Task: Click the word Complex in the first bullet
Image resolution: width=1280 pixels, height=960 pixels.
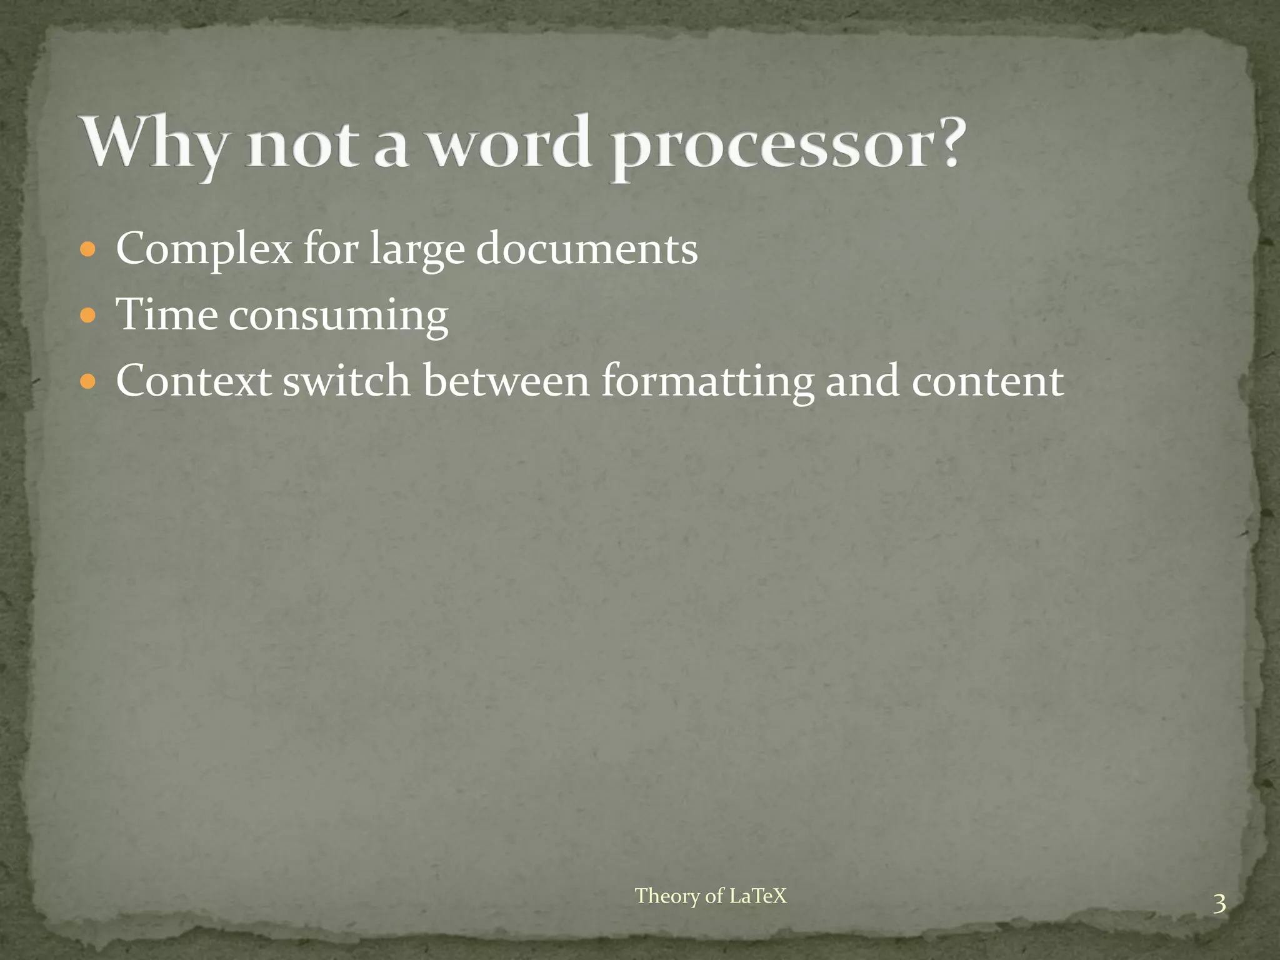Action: (204, 249)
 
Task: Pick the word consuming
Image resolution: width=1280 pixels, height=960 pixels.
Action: (338, 316)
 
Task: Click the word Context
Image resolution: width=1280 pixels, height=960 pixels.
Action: (193, 381)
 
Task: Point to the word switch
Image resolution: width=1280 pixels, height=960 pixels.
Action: (347, 381)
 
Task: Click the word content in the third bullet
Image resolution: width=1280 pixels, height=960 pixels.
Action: (987, 382)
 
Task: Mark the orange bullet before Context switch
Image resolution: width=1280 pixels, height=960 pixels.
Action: (88, 381)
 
